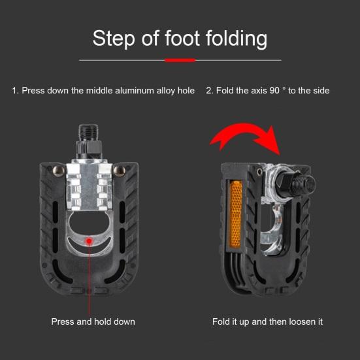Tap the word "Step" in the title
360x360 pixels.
(x=114, y=39)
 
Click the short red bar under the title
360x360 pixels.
(x=180, y=60)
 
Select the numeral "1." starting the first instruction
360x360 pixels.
(x=16, y=91)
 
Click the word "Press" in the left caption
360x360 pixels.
(x=63, y=321)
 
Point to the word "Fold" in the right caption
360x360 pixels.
(x=221, y=321)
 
